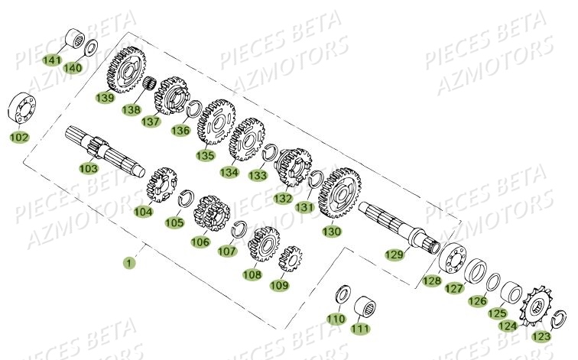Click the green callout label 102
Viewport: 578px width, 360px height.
19,138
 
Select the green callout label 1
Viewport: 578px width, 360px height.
129,262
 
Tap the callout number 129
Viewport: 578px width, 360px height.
394,255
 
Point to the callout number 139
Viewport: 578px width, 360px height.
105,97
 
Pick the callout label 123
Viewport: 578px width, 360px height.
541,336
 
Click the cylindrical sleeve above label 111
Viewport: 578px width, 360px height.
369,308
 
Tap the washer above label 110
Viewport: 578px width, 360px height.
343,294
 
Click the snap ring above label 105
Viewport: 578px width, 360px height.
185,200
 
